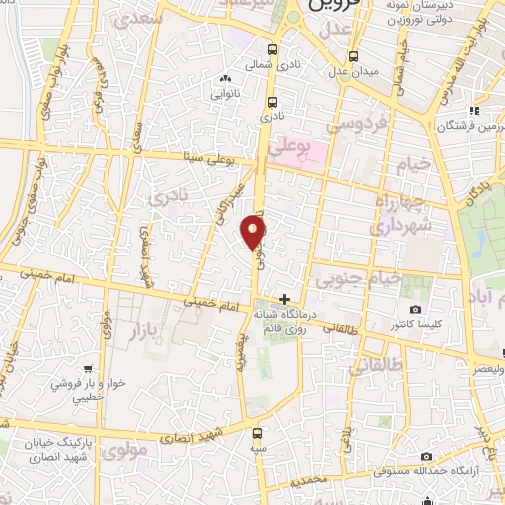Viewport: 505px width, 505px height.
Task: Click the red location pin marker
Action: (x=254, y=234)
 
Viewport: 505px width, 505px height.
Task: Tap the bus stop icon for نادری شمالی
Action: (x=272, y=49)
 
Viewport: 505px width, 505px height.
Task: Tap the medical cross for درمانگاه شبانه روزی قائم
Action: (x=284, y=299)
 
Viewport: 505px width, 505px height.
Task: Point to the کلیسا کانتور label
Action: (x=395, y=324)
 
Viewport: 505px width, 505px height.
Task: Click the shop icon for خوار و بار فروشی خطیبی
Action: (x=90, y=369)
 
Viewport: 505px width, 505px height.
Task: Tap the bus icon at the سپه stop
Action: (x=257, y=432)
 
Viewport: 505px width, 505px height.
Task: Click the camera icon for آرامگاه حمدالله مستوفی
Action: (x=426, y=456)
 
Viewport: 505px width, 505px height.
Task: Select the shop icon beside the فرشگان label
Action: (x=474, y=110)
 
